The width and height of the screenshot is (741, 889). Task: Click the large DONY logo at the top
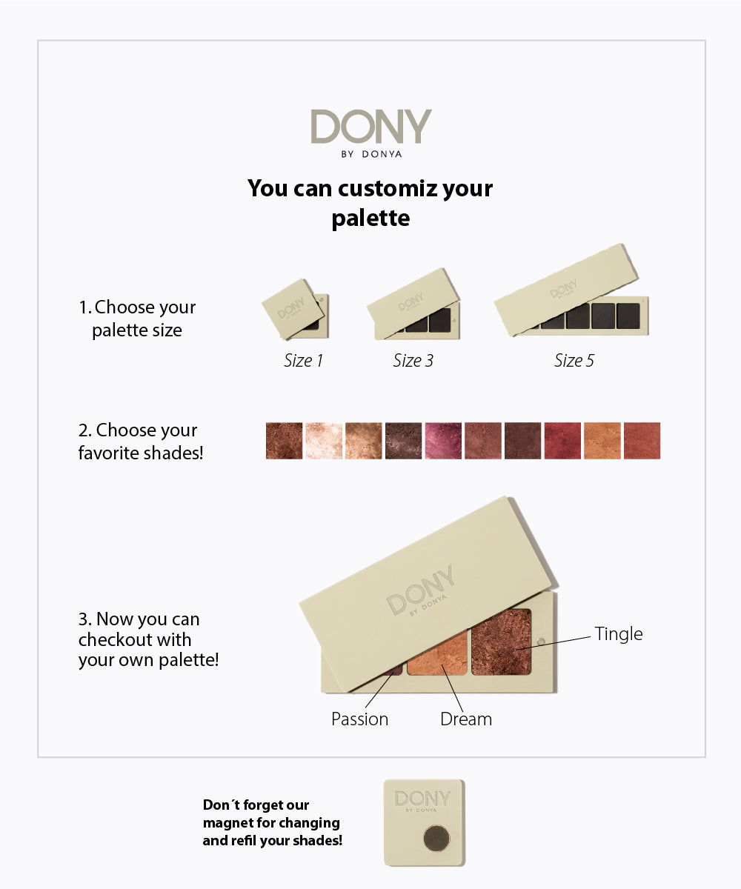[371, 127]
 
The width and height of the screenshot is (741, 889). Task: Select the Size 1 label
[303, 361]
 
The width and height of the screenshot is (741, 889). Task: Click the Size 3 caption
[413, 361]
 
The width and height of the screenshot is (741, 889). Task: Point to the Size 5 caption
[574, 361]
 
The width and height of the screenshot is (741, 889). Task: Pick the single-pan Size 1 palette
[295, 309]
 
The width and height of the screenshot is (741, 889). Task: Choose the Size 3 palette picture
[413, 304]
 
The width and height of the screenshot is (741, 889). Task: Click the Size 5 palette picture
[571, 290]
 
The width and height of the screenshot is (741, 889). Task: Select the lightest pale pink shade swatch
[324, 441]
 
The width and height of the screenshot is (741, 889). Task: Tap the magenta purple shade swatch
[443, 441]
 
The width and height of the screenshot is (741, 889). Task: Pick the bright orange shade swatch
[602, 441]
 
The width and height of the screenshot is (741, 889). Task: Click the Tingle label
[618, 634]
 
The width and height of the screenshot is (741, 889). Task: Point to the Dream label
[466, 719]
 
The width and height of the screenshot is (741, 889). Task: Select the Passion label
[360, 719]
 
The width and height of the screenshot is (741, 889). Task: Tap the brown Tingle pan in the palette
[501, 642]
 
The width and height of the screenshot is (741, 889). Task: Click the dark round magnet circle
[436, 838]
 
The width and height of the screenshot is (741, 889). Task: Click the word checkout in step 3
[135, 640]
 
